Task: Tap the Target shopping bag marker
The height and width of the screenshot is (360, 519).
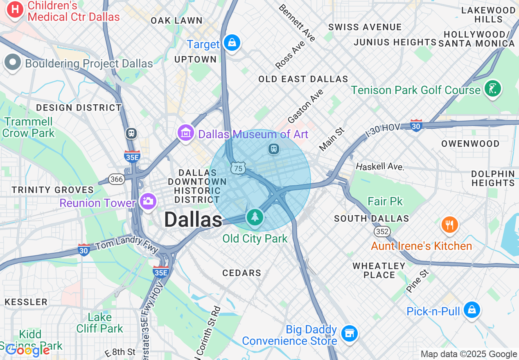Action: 232,43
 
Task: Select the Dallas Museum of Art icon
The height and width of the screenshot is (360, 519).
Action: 186,133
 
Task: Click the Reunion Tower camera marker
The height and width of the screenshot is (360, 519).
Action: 148,201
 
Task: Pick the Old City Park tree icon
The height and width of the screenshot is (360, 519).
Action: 255,216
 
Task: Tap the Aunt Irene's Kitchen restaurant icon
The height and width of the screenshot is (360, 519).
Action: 449,224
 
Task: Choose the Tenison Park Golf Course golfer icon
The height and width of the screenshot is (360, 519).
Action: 492,88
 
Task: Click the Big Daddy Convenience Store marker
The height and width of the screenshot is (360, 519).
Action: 349,333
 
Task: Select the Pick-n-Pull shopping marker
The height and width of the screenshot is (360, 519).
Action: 472,310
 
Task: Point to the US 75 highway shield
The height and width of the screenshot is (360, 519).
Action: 238,168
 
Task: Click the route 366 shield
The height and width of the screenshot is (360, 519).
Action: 116,179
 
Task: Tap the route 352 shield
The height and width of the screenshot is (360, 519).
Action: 382,232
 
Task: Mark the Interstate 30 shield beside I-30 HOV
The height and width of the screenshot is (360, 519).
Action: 416,125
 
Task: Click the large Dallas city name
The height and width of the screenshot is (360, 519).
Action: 193,220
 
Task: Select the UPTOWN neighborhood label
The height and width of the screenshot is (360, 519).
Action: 195,59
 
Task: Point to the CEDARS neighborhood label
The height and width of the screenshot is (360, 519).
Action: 241,273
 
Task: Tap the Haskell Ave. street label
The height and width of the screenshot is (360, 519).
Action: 379,166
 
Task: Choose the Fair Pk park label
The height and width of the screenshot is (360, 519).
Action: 385,201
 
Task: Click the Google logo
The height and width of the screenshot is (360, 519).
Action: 27,350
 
